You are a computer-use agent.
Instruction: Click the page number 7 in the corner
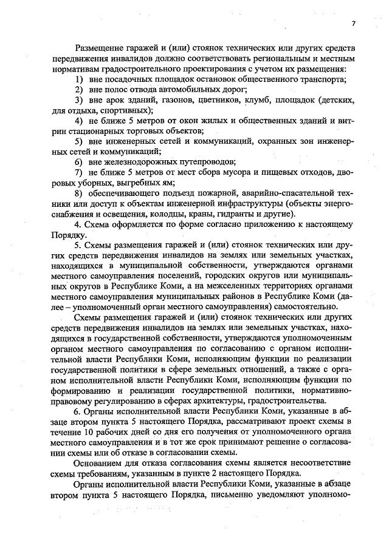(x=353, y=24)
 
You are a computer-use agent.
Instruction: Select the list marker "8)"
(x=79, y=193)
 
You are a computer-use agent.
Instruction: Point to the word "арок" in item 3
(x=117, y=99)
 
